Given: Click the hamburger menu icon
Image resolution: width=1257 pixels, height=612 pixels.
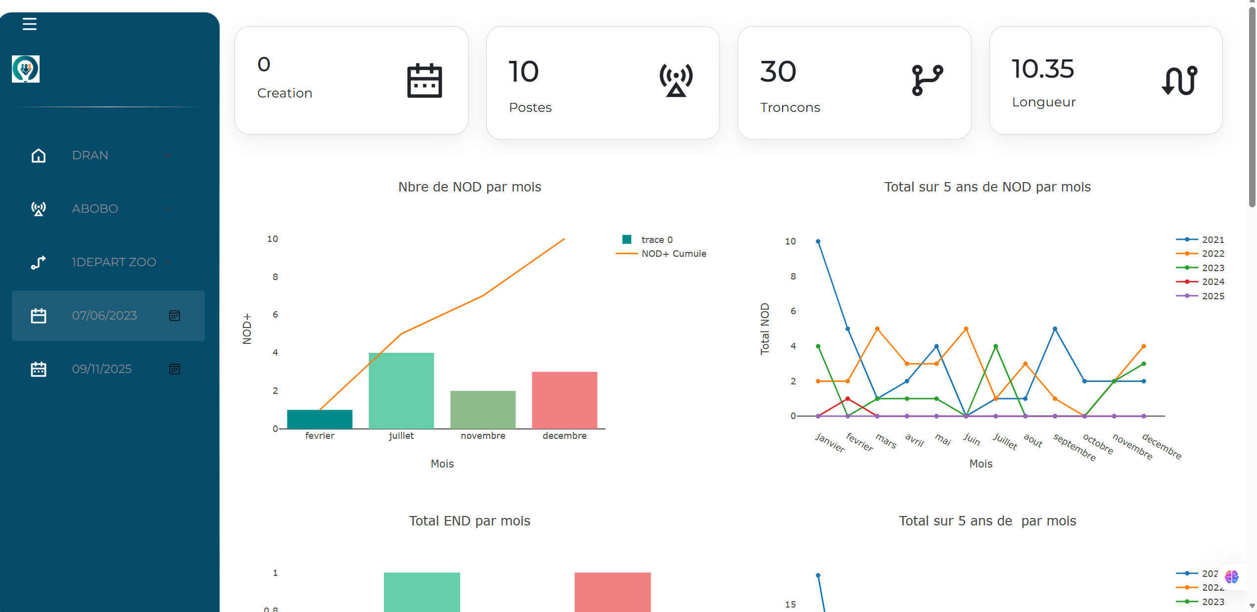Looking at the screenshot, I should coord(30,24).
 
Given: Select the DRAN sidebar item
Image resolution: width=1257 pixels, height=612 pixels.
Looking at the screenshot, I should coord(90,155).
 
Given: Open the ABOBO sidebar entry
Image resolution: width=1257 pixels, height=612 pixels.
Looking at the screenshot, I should coord(95,209).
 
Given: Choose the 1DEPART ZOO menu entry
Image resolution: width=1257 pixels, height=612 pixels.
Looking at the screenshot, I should coord(114,262).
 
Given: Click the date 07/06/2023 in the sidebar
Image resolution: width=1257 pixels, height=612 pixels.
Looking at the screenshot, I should coord(104,316).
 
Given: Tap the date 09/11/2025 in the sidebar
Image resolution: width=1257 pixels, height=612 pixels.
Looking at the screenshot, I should coord(102,369).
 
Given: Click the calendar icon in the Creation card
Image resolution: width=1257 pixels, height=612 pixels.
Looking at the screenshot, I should coord(424,81).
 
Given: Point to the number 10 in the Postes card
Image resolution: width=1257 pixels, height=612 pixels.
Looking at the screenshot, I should coord(523,72).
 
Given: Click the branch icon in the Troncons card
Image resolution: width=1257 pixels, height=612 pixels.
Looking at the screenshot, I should coord(927,79).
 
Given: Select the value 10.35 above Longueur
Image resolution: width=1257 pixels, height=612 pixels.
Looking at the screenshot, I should coord(1043,69).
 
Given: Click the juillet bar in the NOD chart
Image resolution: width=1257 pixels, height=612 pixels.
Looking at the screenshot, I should coord(401,390).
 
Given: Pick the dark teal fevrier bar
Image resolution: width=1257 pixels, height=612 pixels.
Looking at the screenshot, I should coord(320,419).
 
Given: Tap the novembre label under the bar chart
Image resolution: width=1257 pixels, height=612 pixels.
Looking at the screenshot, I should coord(483,436).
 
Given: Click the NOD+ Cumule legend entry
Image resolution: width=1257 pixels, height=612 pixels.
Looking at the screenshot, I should coord(673,254).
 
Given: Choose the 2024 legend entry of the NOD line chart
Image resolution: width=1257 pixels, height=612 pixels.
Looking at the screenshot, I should coord(1212,282).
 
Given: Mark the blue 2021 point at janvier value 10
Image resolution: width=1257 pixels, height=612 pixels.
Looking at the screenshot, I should coord(818,241).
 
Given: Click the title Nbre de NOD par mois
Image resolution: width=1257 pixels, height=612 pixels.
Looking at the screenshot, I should coord(469,187).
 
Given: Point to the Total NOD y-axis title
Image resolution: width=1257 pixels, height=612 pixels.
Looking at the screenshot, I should coord(765,329).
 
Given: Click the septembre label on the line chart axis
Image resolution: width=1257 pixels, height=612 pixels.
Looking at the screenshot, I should coord(1074,447).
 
